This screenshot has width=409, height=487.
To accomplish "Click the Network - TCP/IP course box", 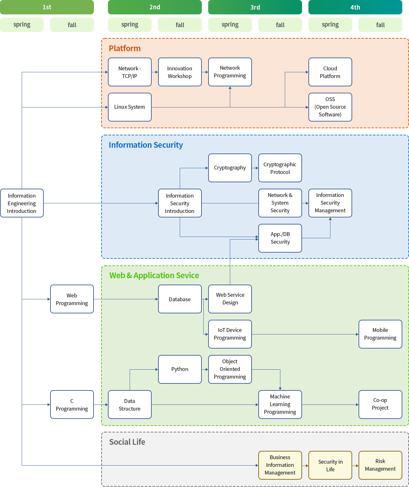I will [130, 72].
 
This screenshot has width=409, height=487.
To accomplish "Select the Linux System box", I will [130, 107].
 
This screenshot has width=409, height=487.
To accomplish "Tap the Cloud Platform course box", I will [330, 72].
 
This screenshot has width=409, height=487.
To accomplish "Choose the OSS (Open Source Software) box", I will [330, 107].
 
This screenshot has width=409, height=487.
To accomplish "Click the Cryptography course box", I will [230, 168].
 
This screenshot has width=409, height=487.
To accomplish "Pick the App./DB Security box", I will [280, 238].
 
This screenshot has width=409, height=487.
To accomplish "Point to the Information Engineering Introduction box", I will [22, 203].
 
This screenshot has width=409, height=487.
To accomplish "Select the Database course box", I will [180, 299].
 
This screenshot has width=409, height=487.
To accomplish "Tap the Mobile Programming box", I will [380, 334].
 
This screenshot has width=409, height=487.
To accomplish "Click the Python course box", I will [180, 369].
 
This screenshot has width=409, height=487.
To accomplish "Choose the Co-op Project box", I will [380, 404].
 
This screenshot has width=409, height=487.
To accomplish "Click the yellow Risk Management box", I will [380, 465].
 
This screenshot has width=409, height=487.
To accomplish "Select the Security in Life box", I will [330, 465].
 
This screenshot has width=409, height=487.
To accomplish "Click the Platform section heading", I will [125, 48].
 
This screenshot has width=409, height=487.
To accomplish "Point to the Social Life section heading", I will [127, 442].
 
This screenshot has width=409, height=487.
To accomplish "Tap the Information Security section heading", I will [146, 145].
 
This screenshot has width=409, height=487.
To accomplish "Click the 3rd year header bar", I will [255, 7].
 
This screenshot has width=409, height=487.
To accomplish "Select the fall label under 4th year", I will [380, 25].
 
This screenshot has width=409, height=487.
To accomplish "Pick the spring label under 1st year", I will [22, 25].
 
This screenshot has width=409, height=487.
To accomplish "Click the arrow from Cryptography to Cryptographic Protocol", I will [255, 168].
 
